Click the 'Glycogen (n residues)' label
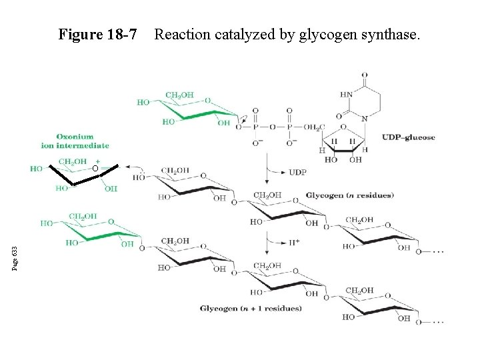click(x=351, y=195)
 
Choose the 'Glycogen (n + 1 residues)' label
click(x=251, y=308)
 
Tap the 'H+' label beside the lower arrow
click(x=293, y=241)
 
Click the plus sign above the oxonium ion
click(x=98, y=161)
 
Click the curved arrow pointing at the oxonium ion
click(x=133, y=169)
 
